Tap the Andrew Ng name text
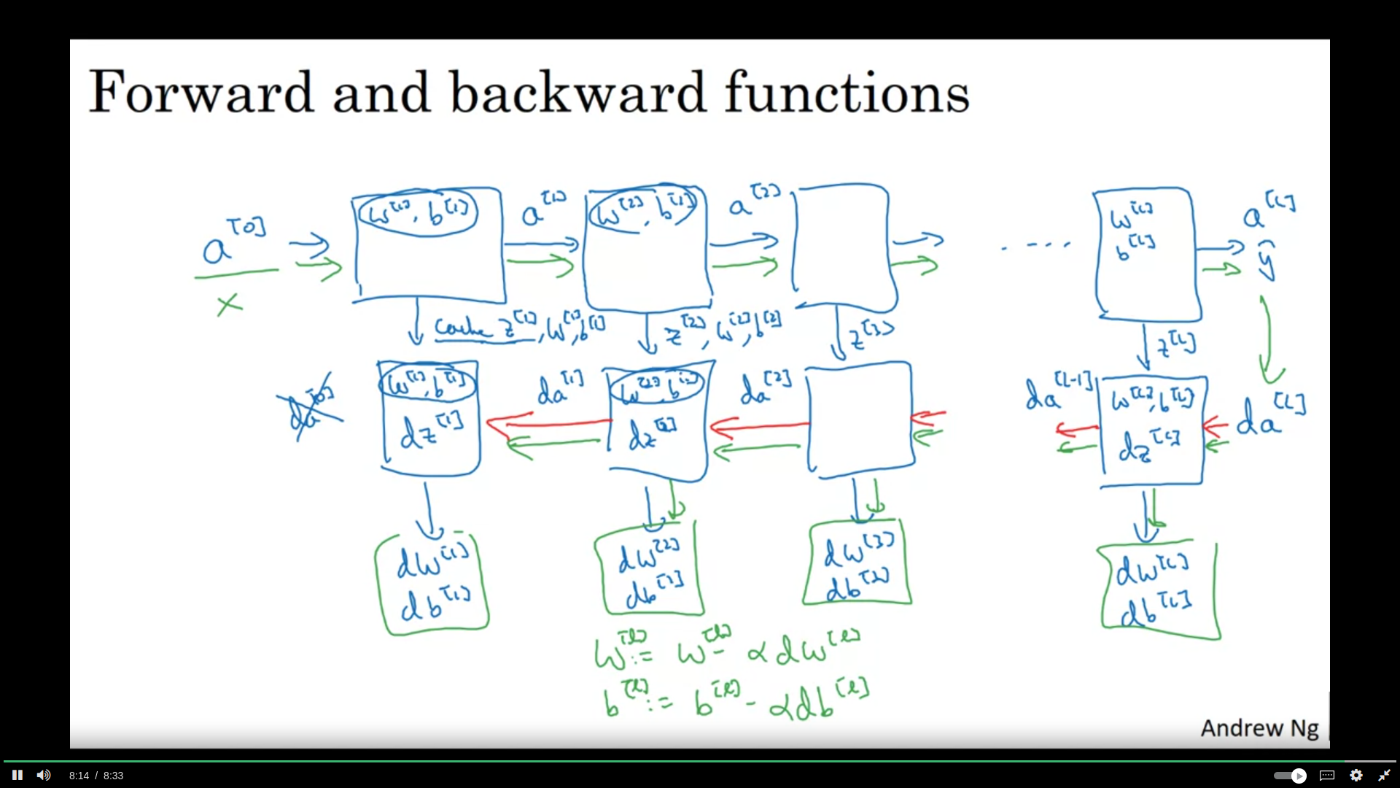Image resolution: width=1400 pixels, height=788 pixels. (1259, 728)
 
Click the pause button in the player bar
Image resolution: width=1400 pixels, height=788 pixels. (17, 775)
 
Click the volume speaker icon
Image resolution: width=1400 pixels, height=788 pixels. (44, 775)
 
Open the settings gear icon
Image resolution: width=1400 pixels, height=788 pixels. (1356, 775)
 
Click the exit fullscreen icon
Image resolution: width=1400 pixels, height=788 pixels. (1384, 775)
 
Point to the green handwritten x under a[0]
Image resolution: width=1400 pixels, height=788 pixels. (229, 304)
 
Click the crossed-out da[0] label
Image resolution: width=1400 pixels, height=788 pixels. (309, 411)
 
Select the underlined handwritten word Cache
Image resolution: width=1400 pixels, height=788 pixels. (463, 328)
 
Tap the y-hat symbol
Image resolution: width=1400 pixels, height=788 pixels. (1267, 261)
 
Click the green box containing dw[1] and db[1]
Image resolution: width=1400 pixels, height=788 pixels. (432, 584)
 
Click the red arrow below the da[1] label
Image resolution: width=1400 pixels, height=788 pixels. (548, 422)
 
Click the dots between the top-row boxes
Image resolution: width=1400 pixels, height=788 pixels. (1035, 245)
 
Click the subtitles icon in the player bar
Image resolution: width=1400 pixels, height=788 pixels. (1327, 775)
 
